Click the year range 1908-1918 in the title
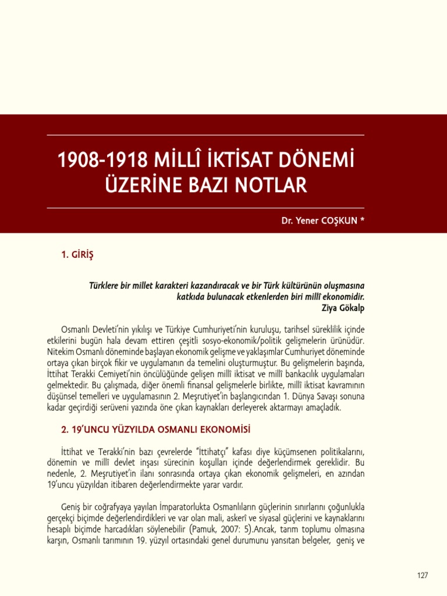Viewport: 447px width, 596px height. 99,159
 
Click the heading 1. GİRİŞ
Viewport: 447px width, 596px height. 77,254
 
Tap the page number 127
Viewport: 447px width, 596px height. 423,575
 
